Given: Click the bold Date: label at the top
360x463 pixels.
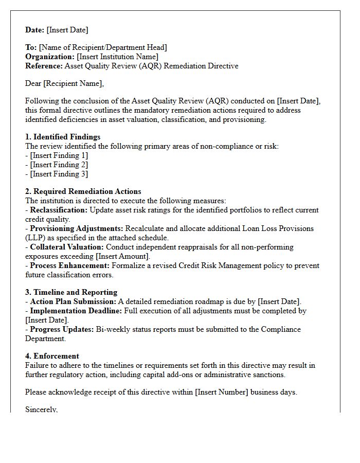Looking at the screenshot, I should click(35, 30).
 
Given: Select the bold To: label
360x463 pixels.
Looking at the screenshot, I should click(31, 47).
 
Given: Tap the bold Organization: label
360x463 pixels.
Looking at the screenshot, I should click(50, 57).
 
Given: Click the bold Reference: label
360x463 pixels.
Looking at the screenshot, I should click(44, 66).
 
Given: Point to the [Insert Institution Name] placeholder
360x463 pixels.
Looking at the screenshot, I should click(118, 57).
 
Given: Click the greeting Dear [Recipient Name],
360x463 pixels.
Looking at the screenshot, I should click(64, 83).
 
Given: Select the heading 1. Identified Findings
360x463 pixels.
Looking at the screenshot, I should click(63, 137).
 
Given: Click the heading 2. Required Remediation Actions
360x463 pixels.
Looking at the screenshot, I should click(83, 191).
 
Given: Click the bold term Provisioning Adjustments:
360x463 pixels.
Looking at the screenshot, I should click(76, 228).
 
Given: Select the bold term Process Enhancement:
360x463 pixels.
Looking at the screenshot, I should click(69, 265).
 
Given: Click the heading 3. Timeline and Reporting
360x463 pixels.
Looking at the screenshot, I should click(71, 292).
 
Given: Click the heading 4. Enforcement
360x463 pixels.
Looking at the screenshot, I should click(52, 356).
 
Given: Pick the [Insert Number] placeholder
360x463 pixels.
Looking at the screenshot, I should click(222, 392).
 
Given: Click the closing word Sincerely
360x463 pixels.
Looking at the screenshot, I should click(41, 409).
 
